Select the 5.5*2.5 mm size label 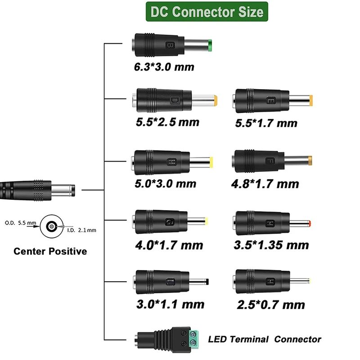pos(166,122)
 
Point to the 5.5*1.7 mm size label pos(266,123)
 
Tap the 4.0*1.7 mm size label pos(168,245)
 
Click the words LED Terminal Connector pos(265,339)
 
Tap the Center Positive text pos(50,251)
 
